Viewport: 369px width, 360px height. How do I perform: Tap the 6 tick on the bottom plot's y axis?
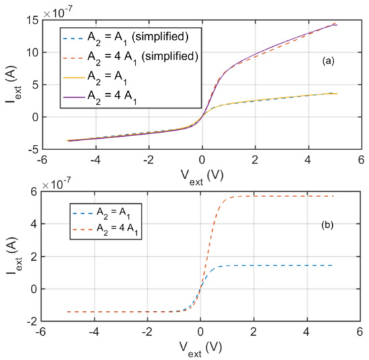coord(32,191)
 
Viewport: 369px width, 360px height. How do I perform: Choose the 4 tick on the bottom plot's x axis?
coord(307,332)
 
